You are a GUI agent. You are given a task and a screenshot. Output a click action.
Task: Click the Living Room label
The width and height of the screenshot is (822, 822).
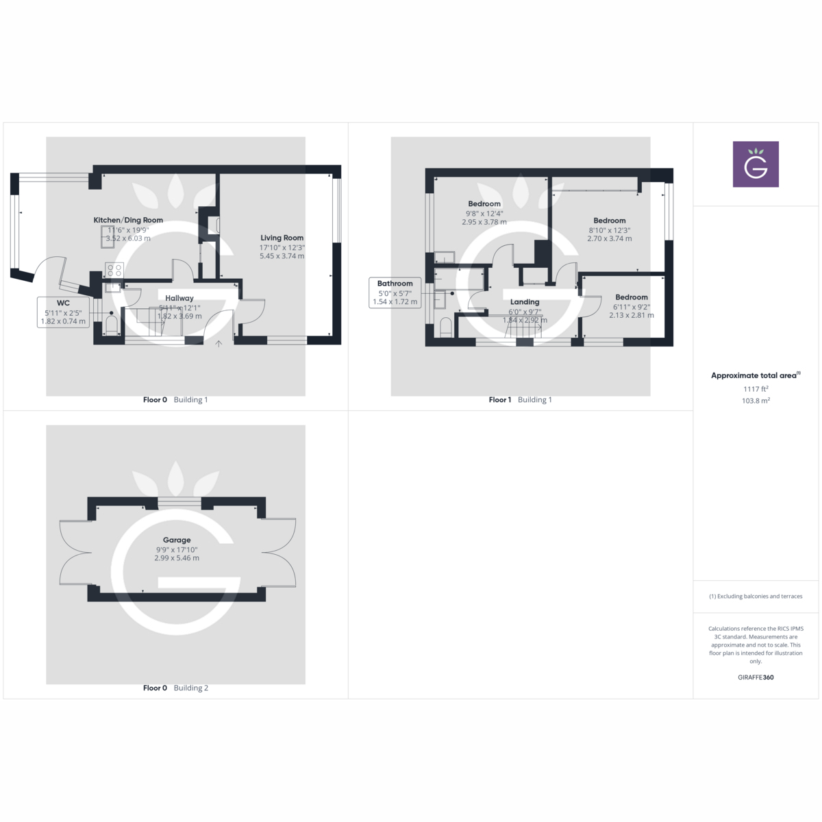coord(282,238)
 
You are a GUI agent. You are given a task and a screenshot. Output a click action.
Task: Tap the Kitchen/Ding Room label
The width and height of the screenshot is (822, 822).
coord(128,220)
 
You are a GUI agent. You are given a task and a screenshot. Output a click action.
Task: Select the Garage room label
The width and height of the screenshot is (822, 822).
coord(177,540)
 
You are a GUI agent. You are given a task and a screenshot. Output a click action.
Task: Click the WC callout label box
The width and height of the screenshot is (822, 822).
coord(63,312)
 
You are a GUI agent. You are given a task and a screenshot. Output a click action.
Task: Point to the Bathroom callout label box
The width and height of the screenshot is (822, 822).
coord(395,292)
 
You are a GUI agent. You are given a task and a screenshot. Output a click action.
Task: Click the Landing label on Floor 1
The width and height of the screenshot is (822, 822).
coord(525,301)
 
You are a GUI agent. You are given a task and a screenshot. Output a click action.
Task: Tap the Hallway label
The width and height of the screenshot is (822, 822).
coord(179,298)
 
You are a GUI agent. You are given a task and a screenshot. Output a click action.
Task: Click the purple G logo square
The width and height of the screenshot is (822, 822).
coord(756,164)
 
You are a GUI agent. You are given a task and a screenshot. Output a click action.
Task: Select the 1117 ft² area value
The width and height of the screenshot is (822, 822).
coord(756,389)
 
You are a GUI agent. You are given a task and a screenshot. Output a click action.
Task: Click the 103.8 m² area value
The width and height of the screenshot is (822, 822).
coord(756,401)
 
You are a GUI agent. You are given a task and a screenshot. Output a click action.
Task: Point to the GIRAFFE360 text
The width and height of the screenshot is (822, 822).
coord(756,677)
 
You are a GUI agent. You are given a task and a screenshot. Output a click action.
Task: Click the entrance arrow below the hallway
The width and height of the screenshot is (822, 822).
coord(219,344)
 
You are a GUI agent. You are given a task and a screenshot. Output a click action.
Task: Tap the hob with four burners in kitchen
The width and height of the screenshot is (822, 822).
coord(114,269)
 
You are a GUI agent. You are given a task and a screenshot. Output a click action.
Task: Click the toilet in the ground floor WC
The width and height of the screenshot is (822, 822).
coord(112,325)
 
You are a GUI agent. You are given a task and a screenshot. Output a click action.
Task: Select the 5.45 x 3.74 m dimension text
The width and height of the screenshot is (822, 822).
coord(282,256)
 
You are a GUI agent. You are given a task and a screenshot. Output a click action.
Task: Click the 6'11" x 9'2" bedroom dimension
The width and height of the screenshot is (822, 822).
coord(631,307)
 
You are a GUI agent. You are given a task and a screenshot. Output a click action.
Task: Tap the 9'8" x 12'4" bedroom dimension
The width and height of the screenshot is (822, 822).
coord(484,213)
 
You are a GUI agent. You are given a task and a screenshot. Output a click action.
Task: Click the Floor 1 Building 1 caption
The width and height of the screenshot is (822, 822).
coord(520,400)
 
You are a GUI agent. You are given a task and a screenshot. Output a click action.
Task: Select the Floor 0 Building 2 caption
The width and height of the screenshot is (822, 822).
coord(175,688)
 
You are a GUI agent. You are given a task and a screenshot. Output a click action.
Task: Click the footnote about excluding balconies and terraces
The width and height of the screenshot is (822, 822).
coord(756,597)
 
